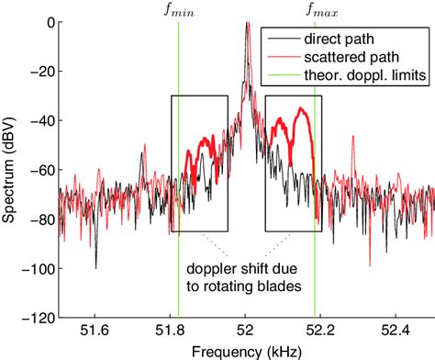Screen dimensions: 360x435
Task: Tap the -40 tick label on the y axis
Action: click(x=39, y=120)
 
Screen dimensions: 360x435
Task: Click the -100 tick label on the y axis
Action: click(x=36, y=268)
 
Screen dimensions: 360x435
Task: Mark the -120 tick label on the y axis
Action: click(x=36, y=317)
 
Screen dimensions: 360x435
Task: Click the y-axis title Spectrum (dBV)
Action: click(x=10, y=170)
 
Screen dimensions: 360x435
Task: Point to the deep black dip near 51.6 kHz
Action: click(x=96, y=266)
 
